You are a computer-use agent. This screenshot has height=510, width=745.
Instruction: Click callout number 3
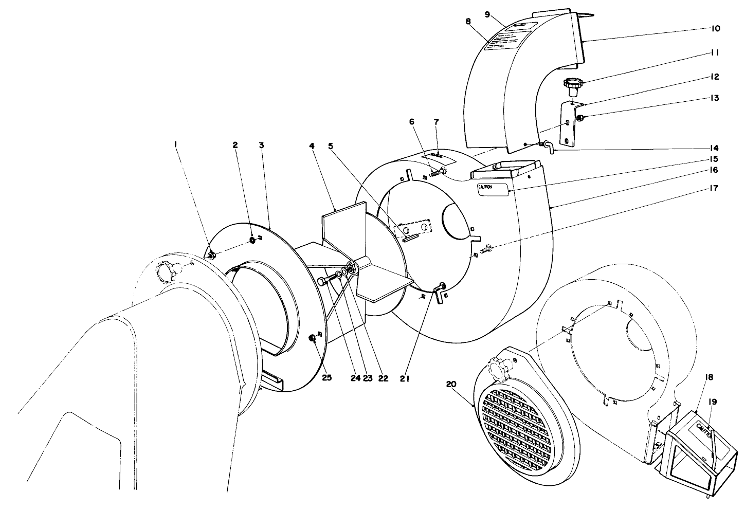(x=261, y=145)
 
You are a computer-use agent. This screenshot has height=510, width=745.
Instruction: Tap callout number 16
(x=715, y=170)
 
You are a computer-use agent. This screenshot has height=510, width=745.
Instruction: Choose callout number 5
(x=331, y=145)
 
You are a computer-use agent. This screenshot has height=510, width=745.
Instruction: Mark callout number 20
(x=451, y=385)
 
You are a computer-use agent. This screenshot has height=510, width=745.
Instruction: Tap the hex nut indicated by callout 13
(x=579, y=119)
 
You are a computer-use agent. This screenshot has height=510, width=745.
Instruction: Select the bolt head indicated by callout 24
(x=321, y=281)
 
